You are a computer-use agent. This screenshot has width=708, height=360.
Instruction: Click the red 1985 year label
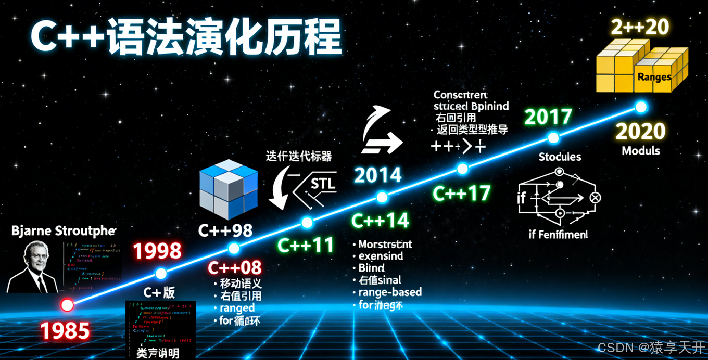point(65,331)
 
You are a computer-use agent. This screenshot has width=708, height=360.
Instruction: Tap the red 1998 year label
point(157,252)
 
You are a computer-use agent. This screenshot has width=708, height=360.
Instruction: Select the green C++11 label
point(305,245)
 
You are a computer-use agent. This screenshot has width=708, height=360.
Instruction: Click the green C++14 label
point(380,221)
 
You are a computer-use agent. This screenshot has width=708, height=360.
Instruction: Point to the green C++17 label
point(461,194)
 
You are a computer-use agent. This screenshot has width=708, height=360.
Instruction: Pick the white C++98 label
point(225,230)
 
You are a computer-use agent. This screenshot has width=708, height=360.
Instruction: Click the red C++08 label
point(235,268)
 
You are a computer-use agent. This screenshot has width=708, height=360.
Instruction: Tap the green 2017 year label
point(548,117)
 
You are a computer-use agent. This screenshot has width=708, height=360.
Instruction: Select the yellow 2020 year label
point(640,131)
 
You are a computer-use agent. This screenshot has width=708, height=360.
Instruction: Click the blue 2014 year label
point(377,175)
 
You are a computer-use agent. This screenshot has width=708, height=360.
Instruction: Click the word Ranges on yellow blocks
point(654,77)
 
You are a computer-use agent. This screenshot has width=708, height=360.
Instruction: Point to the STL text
point(323,184)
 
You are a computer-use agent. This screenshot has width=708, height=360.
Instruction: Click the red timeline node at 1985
point(67,305)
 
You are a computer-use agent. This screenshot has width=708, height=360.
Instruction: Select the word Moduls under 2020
point(641,151)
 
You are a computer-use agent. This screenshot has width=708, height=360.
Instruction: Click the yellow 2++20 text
point(640,27)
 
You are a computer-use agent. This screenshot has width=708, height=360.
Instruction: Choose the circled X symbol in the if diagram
point(595,198)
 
